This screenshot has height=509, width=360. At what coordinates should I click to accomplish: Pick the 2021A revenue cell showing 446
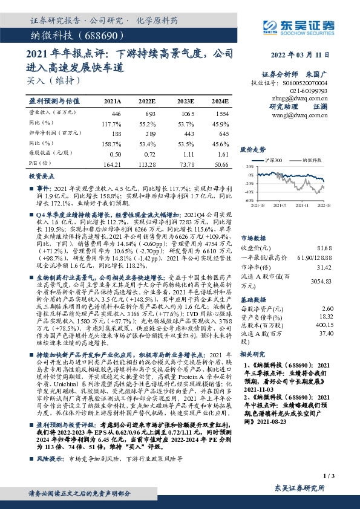click(x=116, y=113)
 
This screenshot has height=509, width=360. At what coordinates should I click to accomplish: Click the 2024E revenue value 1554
click(x=221, y=113)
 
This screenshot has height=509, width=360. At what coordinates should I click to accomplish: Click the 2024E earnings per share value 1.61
click(x=223, y=154)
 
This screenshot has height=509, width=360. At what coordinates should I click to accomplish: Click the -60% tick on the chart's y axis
click(x=247, y=199)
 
